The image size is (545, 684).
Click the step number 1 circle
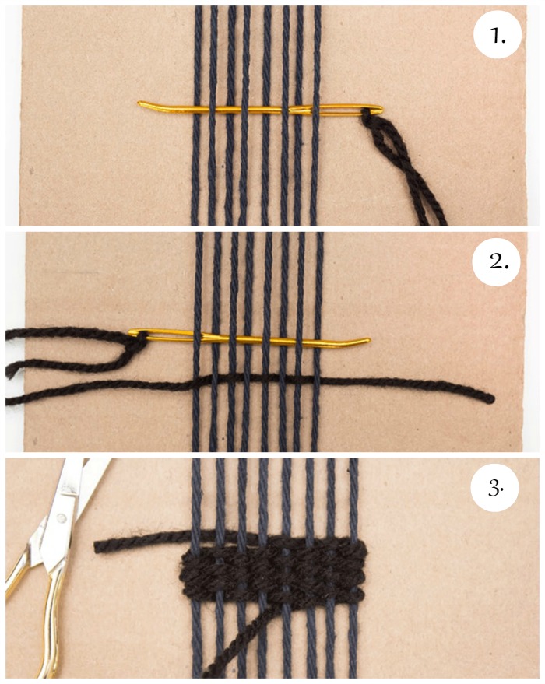[497, 37]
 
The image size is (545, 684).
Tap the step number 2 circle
[497, 262]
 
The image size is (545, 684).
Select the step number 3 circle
[495, 489]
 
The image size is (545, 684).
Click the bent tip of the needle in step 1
[139, 103]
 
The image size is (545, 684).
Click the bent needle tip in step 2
[367, 340]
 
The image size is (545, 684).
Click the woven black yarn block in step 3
[273, 572]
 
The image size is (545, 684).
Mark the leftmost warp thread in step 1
[196, 116]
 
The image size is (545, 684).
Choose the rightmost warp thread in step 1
[317, 116]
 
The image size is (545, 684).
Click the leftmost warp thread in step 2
[197, 342]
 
